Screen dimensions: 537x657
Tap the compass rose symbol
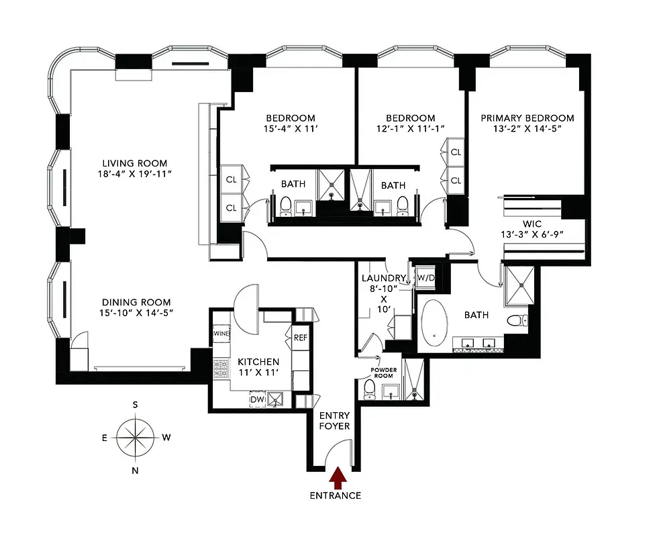click(x=135, y=438)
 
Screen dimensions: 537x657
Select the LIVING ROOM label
click(x=134, y=163)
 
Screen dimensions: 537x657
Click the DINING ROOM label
click(x=136, y=302)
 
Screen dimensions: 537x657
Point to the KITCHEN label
click(x=258, y=362)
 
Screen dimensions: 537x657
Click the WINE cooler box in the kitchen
click(x=221, y=334)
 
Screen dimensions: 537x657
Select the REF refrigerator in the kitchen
click(x=300, y=337)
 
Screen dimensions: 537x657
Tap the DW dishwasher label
click(x=258, y=399)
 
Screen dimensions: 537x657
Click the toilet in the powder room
click(x=369, y=389)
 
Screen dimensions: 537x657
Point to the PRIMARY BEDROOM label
click(x=527, y=118)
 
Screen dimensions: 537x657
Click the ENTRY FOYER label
click(x=334, y=420)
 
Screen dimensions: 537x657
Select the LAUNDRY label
click(x=383, y=278)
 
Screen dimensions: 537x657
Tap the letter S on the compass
click(x=135, y=404)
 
